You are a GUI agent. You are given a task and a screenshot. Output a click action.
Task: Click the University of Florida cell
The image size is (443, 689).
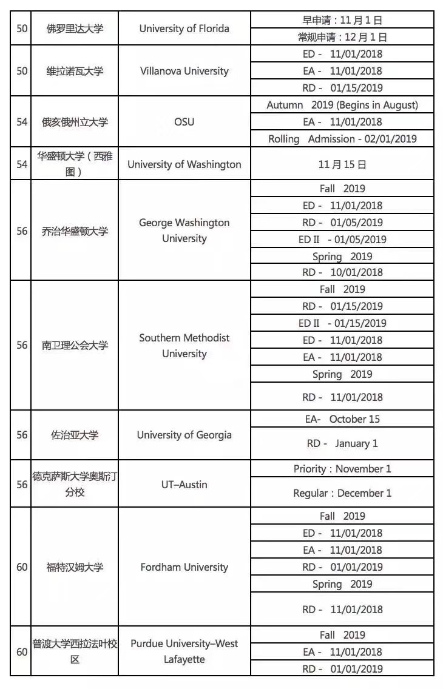pos(184,29)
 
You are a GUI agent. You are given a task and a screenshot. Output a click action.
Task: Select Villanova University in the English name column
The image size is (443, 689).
pos(184,71)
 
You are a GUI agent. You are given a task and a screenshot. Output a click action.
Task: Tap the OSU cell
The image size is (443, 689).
pos(184,122)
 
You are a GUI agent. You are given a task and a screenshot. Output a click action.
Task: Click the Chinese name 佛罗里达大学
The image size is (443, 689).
pos(75,29)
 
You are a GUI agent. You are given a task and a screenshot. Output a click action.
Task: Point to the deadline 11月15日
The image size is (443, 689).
pos(342,164)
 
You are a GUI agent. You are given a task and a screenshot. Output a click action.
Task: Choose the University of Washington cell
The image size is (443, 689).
pos(184,164)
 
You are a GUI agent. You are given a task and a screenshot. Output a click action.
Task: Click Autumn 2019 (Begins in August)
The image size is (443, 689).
pos(342,105)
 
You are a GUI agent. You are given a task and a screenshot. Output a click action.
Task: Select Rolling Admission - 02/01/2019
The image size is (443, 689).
pos(342,139)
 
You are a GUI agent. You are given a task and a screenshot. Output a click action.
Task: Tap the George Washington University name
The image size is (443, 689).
pos(184,230)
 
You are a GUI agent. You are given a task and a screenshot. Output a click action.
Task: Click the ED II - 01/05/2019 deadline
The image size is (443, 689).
pos(342,240)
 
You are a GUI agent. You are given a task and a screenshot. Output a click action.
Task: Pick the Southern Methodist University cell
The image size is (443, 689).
pos(184,345)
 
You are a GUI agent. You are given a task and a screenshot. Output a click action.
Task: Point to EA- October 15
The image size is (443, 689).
pos(342,419)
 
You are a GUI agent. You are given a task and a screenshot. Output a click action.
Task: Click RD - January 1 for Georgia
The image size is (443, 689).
pos(342,443)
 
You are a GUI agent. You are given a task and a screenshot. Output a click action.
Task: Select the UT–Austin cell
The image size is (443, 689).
pos(184,484)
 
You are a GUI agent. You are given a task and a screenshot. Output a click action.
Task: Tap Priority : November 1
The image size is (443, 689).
pos(342,469)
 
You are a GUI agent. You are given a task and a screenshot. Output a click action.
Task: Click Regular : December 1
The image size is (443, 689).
pos(342,493)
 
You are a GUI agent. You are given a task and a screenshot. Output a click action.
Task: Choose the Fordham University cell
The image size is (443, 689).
pos(184,567)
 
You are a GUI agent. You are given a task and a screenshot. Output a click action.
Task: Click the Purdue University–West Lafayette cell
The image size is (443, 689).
pos(184,651)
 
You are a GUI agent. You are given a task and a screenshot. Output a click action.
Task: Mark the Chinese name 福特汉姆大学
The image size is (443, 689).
pos(75,567)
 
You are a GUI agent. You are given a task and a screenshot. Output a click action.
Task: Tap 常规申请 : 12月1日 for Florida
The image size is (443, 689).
pos(342,37)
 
